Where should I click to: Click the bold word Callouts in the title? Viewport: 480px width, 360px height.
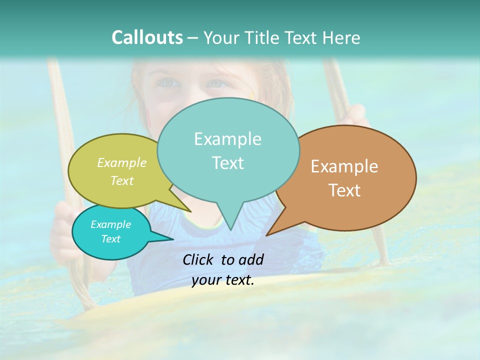pos(147,37)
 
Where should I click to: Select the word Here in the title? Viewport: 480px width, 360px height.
pos(340,37)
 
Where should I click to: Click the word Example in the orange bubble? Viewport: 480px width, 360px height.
pos(344,166)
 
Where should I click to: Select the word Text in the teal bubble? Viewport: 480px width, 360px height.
pos(228,163)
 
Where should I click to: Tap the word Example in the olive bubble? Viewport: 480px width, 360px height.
pos(122,162)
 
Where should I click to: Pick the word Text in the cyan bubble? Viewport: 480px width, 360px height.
pos(111,239)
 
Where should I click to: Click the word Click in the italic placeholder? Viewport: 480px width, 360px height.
pos(199,259)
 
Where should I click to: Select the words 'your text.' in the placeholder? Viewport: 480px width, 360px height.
pos(223,280)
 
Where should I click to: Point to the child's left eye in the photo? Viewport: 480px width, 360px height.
pos(167,82)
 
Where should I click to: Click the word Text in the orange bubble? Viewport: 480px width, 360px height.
pos(344,190)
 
